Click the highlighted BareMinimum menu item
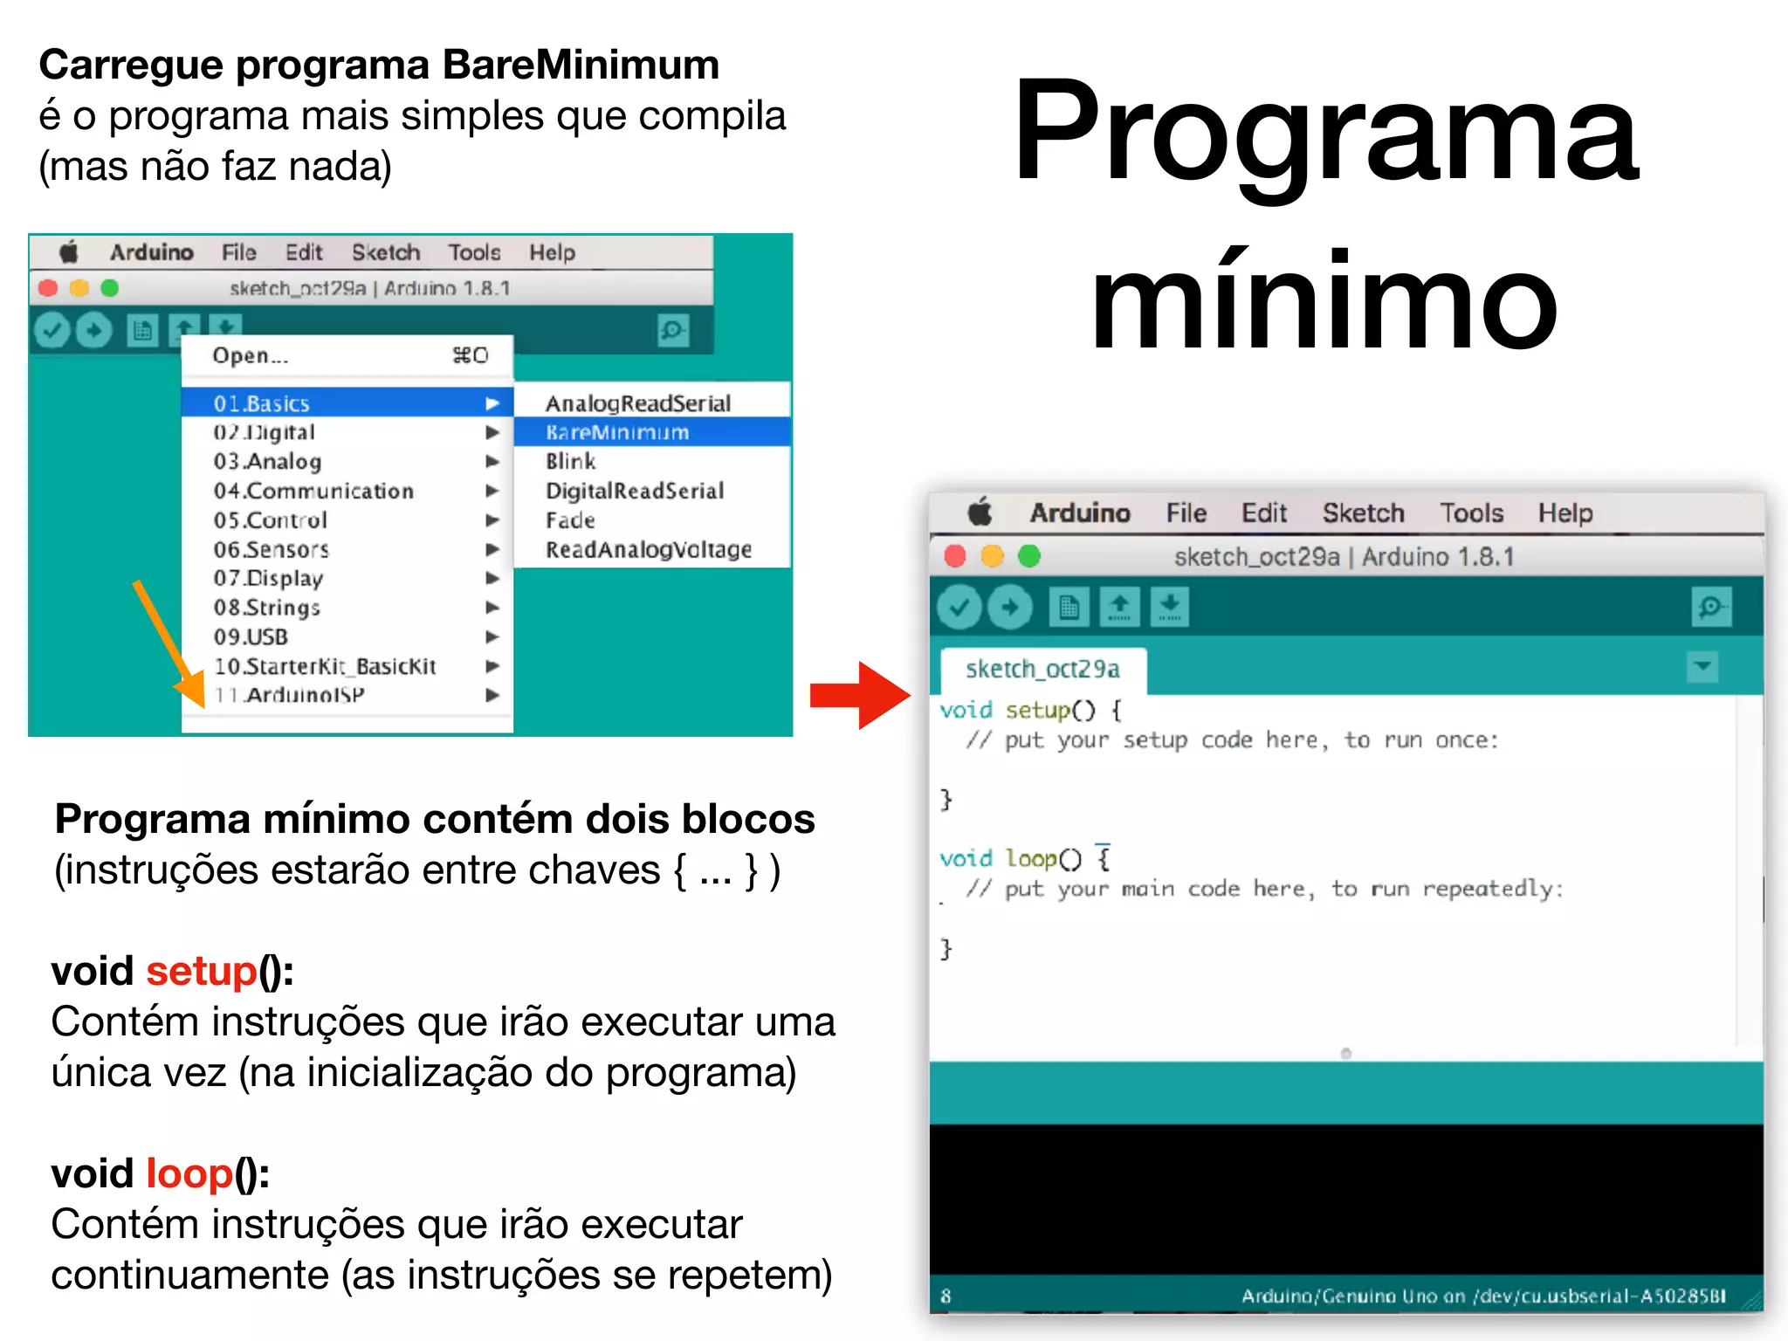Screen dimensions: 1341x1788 [617, 432]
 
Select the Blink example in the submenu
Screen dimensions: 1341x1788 [570, 461]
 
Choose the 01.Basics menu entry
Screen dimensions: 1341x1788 [262, 403]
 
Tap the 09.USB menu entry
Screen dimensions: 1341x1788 [251, 636]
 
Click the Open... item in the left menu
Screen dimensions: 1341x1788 [251, 355]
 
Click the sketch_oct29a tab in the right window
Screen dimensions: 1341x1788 [1042, 669]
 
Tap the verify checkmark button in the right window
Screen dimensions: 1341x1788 [959, 607]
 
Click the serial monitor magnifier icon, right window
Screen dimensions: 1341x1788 [1710, 607]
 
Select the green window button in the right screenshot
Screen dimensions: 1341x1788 [1030, 556]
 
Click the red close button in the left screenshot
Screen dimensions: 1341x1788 [49, 288]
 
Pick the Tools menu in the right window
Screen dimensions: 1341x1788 [1471, 512]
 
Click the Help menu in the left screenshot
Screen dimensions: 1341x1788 [552, 252]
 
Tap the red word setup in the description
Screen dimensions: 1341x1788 [202, 971]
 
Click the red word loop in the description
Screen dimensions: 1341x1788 [189, 1173]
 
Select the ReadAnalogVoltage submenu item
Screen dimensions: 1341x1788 [648, 549]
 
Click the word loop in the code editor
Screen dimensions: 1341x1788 [1031, 858]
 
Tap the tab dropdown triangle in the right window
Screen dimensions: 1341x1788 [1702, 667]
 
